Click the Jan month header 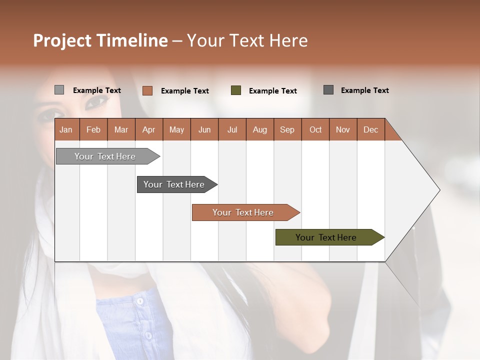click(x=66, y=129)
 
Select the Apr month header click(x=149, y=129)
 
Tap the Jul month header click(x=232, y=129)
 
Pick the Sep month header click(x=287, y=129)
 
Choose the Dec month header click(x=370, y=129)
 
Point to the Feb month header click(x=93, y=129)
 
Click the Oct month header click(x=315, y=129)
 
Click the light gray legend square click(x=59, y=90)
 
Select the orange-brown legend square click(x=147, y=90)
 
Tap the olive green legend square click(x=236, y=90)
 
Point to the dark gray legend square click(x=328, y=90)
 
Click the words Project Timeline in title click(x=100, y=40)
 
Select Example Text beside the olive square click(x=272, y=91)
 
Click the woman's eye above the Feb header click(x=96, y=103)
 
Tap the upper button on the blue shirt click(x=140, y=301)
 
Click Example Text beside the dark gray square click(x=364, y=90)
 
